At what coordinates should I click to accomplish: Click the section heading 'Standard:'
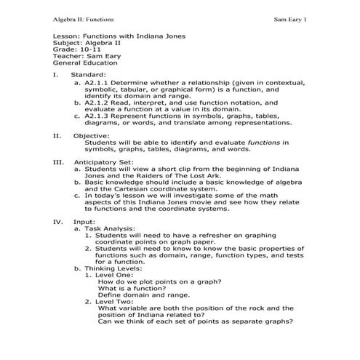point(89,75)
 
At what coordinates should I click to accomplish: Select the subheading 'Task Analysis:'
point(109,227)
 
